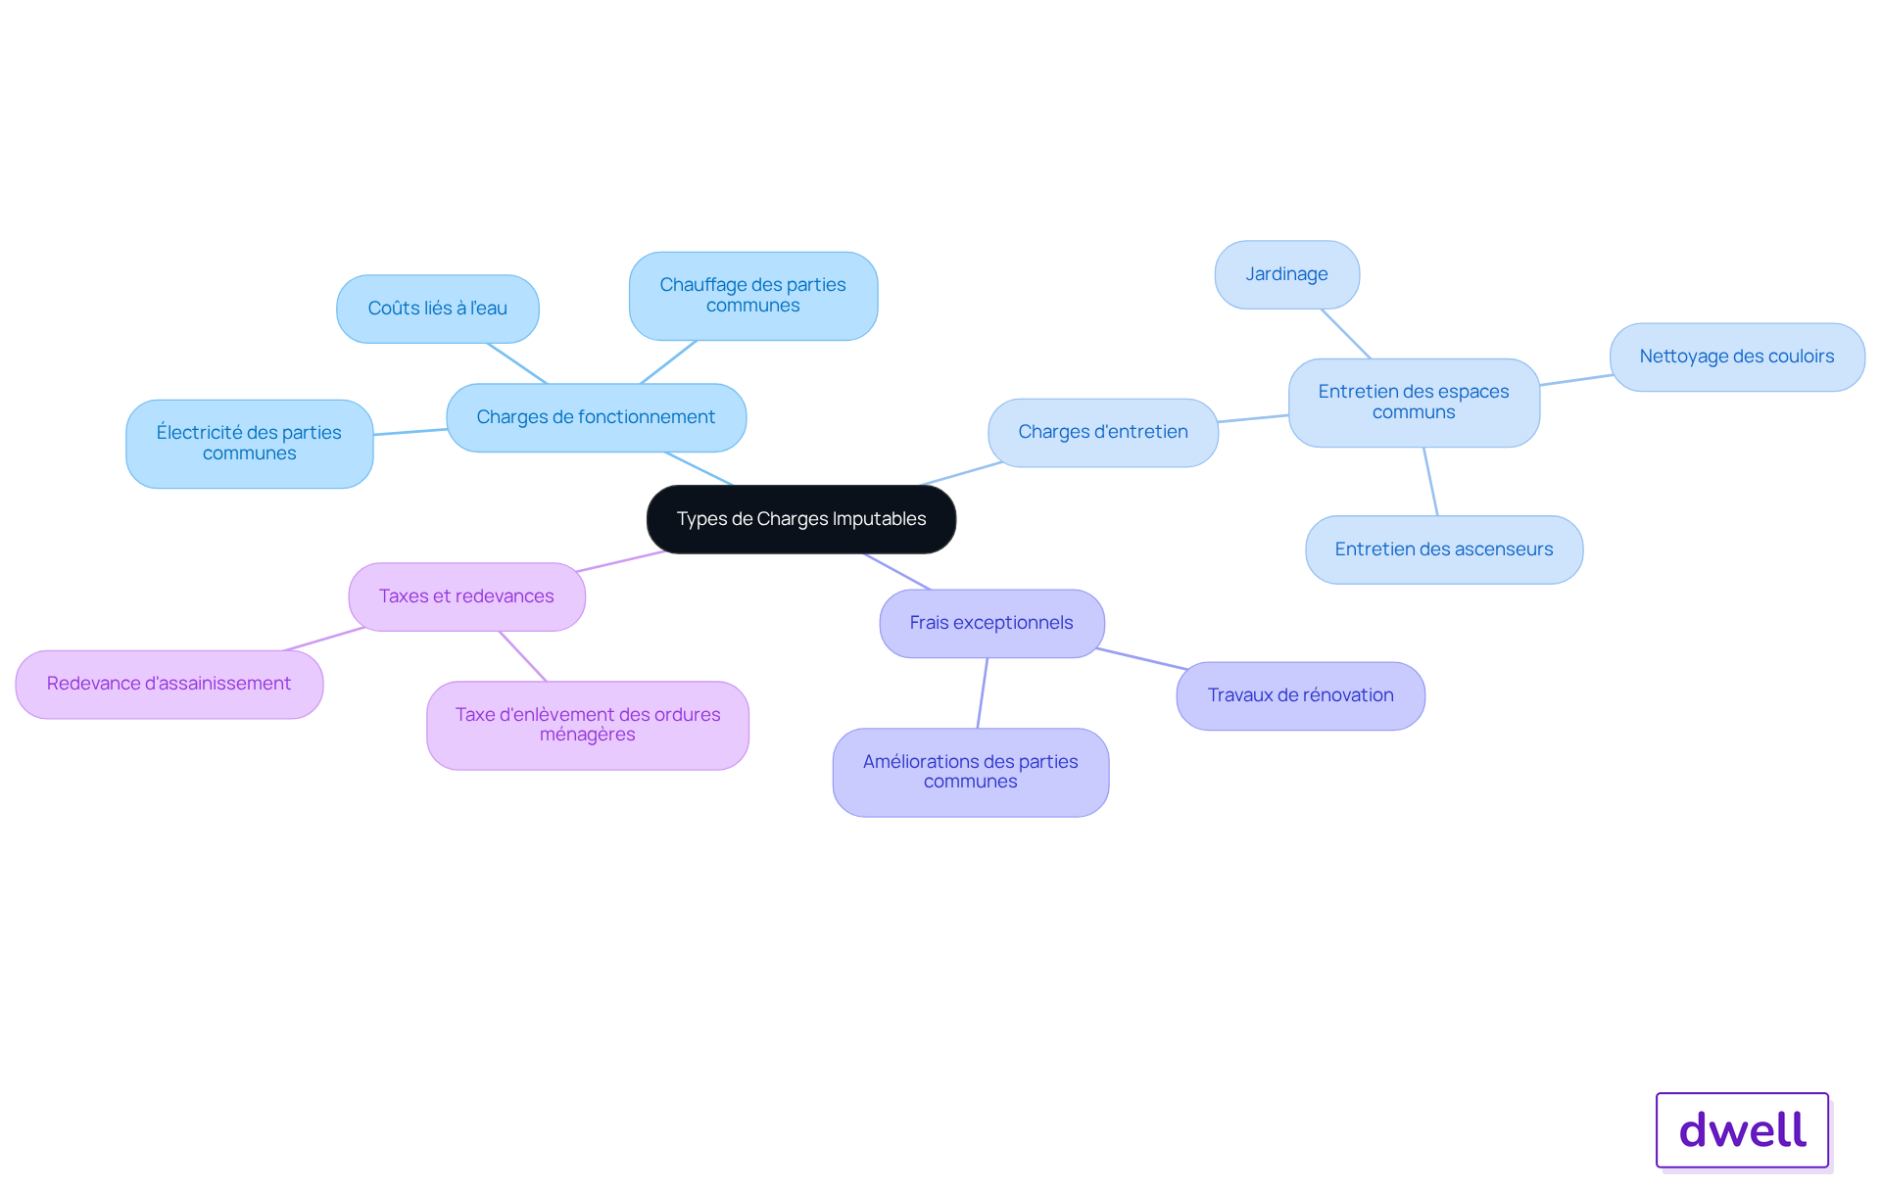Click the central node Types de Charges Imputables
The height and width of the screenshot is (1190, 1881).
point(801,519)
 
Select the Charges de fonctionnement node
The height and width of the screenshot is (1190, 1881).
point(596,417)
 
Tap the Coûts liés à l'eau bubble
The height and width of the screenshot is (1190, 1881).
point(438,309)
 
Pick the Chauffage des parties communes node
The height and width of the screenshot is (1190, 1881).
point(753,296)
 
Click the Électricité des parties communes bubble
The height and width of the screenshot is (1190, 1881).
point(250,444)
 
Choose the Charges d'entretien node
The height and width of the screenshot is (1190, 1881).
point(1103,432)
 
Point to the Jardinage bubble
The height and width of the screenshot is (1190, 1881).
point(1287,274)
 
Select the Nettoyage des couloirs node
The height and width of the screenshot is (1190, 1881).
point(1737,357)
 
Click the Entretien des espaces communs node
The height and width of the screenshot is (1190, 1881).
point(1414,403)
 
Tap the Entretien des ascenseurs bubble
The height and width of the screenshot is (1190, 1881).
point(1444,549)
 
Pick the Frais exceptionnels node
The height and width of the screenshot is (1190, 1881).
point(991,623)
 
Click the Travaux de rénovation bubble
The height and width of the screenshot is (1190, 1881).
point(1300,695)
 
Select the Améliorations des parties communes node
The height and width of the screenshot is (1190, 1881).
point(971,772)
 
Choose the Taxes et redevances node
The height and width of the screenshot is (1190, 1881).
point(466,596)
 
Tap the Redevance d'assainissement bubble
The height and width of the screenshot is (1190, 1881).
point(169,684)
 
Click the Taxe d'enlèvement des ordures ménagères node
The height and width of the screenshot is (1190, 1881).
point(588,725)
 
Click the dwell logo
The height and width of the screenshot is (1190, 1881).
point(1743,1130)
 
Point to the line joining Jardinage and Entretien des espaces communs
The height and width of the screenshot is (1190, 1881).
point(1346,334)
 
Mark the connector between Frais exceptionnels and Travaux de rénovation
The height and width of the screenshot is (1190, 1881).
point(1142,658)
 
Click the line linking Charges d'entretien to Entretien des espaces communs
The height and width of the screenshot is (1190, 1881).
point(1253,418)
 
